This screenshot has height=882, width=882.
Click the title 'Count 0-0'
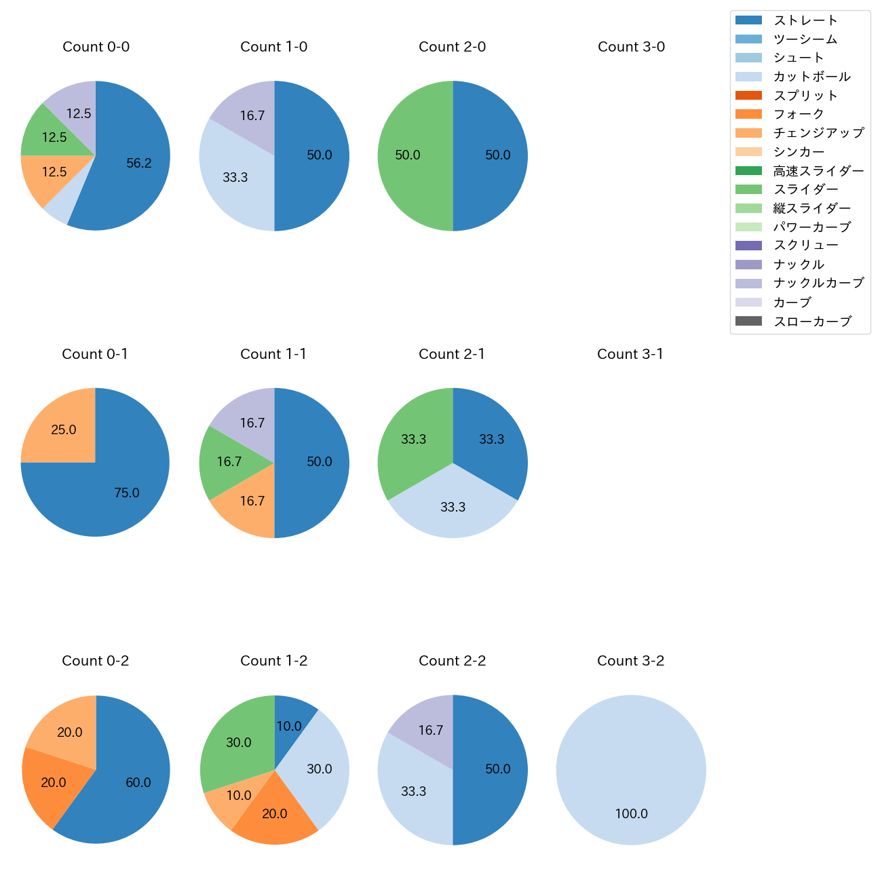(96, 47)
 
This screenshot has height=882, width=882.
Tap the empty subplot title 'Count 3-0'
(631, 47)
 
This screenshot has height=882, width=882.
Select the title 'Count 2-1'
(452, 354)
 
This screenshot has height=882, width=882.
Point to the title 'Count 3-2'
(630, 661)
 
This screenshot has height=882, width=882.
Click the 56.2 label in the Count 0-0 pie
(139, 163)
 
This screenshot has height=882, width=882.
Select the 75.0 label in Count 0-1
(127, 493)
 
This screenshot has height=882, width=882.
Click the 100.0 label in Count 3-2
(631, 814)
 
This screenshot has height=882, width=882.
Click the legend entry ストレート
(805, 20)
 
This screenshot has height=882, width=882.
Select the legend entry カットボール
(811, 77)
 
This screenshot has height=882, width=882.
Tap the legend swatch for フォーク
(749, 114)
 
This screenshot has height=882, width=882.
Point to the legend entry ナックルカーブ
(818, 283)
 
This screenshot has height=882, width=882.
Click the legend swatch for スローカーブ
(749, 321)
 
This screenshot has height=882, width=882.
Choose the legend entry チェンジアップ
(818, 133)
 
